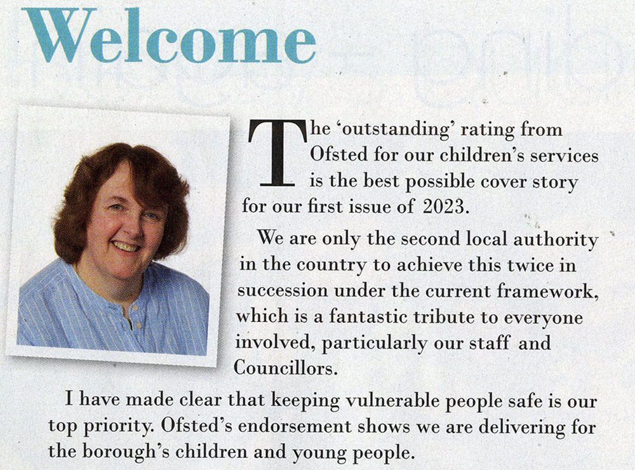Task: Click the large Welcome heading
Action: (168, 36)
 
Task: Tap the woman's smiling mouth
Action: (127, 245)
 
